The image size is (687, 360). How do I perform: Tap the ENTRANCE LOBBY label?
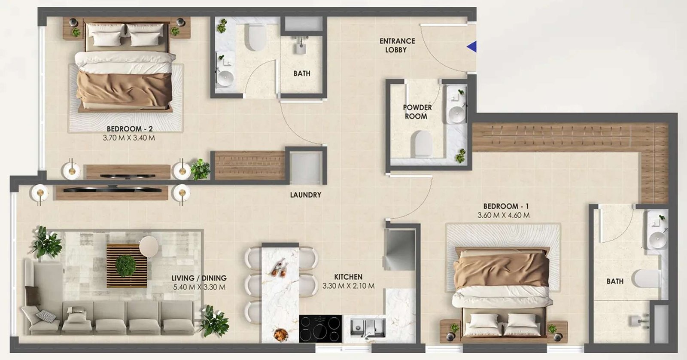(x=397, y=45)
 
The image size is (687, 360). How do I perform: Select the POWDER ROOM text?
(x=417, y=112)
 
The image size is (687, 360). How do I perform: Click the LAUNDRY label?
(x=305, y=195)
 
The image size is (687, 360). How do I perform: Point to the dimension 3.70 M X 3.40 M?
(x=129, y=138)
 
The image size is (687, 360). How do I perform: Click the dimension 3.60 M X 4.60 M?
(x=503, y=216)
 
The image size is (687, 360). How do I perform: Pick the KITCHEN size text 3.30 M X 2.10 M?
(x=348, y=286)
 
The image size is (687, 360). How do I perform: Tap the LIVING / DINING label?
(x=199, y=278)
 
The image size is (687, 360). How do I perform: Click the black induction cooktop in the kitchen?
(x=320, y=329)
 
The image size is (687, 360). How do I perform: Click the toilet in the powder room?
(x=421, y=143)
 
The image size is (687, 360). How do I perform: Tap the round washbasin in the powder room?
(x=456, y=114)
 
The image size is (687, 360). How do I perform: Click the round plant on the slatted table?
(x=126, y=265)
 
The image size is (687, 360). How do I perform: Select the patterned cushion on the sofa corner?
(x=46, y=316)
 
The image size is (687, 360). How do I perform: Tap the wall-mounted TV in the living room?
(x=112, y=189)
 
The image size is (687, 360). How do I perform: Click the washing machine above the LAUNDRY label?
(x=305, y=165)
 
